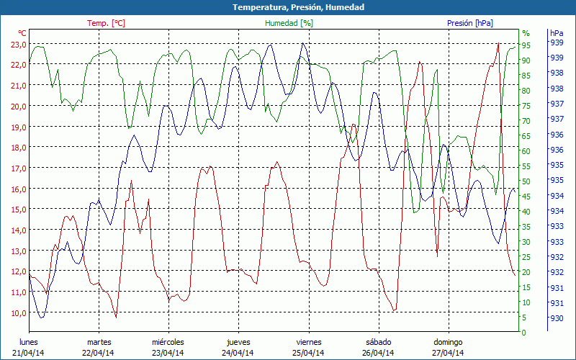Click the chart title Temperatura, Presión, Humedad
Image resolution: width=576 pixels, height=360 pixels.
288,7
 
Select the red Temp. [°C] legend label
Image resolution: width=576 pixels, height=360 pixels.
106,23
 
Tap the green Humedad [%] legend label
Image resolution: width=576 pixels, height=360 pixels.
289,23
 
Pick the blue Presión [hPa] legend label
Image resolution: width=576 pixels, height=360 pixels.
470,23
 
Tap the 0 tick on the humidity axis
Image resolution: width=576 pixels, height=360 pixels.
524,333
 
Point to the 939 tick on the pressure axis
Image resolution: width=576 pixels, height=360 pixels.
557,42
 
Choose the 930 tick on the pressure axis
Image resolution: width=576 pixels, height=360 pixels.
557,318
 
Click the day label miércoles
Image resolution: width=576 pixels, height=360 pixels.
168,342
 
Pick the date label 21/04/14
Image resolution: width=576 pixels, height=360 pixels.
28,353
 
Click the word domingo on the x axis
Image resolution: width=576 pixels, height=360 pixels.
448,342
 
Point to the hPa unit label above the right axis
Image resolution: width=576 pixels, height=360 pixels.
557,33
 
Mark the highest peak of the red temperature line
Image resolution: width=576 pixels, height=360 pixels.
498,44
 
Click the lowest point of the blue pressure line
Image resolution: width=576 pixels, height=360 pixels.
42,318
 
